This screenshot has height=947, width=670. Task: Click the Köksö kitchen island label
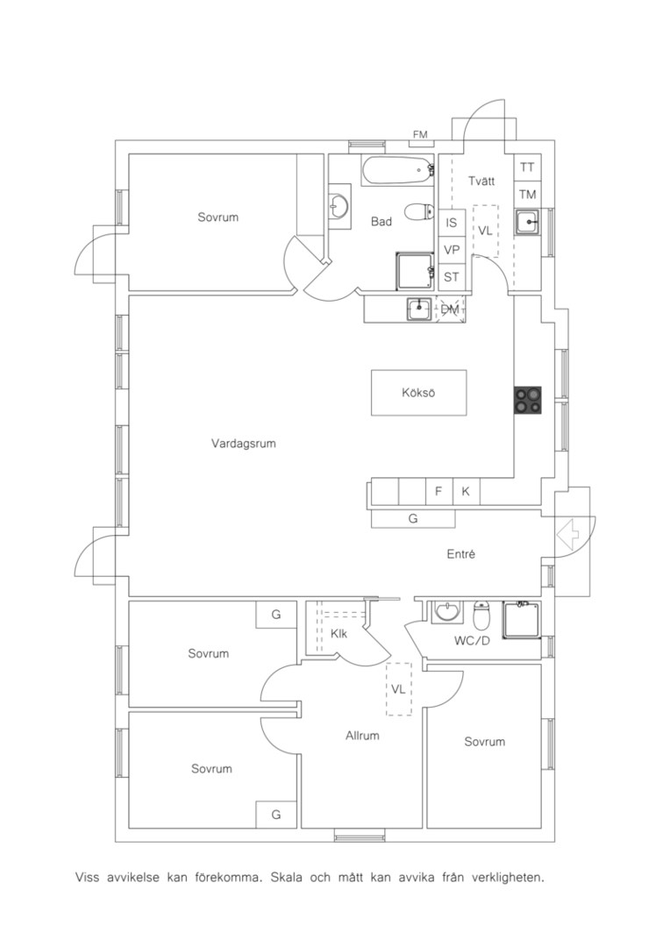[418, 393]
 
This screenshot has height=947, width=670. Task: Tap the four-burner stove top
[527, 400]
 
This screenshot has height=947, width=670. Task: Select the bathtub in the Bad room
[398, 171]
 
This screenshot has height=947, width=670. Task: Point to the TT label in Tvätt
[527, 167]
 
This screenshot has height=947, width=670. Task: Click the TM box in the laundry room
[527, 195]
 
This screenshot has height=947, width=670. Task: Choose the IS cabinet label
[452, 223]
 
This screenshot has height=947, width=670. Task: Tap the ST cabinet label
[452, 277]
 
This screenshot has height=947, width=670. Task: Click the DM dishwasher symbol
[450, 310]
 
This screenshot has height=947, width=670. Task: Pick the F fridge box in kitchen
[438, 492]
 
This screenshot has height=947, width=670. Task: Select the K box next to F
[466, 492]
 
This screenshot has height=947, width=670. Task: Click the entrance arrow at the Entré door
[567, 534]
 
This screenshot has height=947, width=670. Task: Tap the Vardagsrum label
[244, 444]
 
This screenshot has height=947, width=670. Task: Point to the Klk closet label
[339, 634]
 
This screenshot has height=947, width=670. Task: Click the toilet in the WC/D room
[481, 615]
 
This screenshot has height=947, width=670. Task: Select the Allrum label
[362, 736]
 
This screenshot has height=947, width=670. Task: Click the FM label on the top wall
[420, 134]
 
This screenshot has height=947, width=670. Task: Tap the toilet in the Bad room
[419, 211]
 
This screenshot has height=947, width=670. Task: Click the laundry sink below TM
[527, 222]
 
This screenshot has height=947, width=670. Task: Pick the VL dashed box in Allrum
[399, 689]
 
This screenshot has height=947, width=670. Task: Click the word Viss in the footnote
[87, 877]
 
